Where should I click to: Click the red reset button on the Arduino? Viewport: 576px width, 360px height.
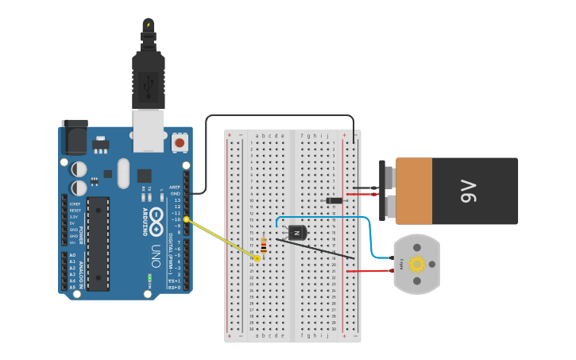[180, 143]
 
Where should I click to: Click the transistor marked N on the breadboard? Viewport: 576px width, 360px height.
[297, 232]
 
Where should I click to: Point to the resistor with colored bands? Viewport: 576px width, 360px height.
[263, 246]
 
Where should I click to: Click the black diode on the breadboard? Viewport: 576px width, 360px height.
[334, 199]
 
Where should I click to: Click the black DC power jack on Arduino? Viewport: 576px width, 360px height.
[74, 137]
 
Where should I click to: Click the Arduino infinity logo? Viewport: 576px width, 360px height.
[155, 216]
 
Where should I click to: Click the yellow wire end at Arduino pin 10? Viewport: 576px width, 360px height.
[187, 219]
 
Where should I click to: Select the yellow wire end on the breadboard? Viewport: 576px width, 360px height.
[257, 258]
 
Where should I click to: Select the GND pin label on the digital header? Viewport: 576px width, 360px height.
[175, 193]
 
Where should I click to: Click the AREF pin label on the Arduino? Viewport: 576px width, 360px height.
[175, 187]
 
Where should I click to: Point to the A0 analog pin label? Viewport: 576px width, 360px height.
[72, 255]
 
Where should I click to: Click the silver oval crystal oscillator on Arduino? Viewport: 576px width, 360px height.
[122, 172]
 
